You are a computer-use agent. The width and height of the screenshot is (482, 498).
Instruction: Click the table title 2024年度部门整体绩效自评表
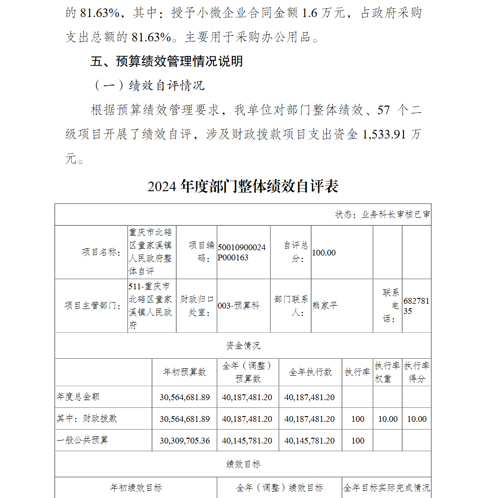click(243, 187)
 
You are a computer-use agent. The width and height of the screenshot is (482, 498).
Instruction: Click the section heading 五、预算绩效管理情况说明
click(167, 61)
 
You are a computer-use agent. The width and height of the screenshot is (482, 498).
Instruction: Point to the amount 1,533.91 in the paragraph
click(383, 135)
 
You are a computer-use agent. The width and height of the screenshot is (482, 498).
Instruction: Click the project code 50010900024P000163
click(241, 252)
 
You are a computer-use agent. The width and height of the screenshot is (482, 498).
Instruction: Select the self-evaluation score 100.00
click(324, 252)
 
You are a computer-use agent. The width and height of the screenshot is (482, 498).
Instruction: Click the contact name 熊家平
click(325, 306)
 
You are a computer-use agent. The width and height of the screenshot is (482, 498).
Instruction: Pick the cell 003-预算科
click(239, 306)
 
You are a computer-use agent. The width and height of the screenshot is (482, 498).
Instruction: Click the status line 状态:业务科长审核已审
click(382, 215)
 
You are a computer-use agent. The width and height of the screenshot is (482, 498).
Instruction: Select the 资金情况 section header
click(243, 345)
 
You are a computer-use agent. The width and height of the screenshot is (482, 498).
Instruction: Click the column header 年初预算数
click(185, 372)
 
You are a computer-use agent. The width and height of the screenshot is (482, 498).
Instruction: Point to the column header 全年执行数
click(310, 372)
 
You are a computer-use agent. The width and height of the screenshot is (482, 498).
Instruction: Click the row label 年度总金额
click(78, 397)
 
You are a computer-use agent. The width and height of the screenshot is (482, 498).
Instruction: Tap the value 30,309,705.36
click(185, 441)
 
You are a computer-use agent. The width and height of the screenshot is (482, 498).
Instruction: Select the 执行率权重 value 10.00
click(388, 419)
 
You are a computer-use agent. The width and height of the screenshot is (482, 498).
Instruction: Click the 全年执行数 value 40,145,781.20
click(309, 441)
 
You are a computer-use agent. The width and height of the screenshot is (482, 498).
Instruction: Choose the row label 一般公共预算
click(82, 441)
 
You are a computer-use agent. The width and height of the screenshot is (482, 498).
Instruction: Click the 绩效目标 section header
click(243, 464)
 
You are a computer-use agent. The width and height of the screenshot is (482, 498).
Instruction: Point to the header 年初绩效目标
click(136, 488)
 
